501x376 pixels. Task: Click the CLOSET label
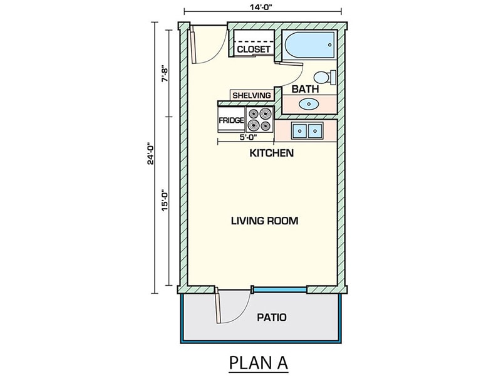[254, 49]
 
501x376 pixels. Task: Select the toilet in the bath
[324, 78]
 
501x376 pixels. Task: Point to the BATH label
[305, 90]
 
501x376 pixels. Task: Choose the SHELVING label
[252, 95]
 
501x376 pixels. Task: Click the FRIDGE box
[230, 119]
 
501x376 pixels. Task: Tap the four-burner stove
[260, 119]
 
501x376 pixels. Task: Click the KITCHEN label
[272, 153]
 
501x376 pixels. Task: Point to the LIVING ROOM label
[264, 221]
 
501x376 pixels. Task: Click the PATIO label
[272, 317]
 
